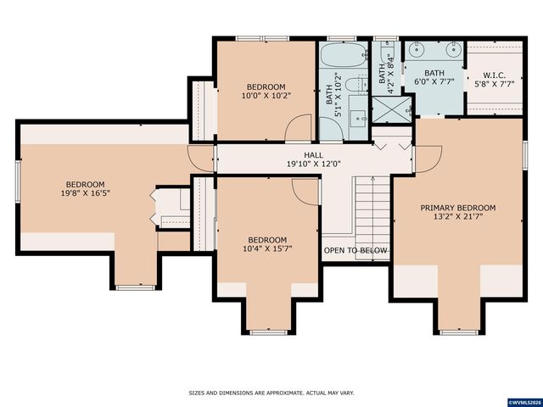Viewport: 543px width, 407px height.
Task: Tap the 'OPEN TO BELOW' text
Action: [x=355, y=251]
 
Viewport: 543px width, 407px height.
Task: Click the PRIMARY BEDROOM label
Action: [x=457, y=208]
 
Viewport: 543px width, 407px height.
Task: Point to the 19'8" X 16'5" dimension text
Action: [x=86, y=194]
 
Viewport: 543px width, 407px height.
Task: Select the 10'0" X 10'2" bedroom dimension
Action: [x=266, y=96]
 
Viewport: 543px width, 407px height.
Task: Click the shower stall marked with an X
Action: [x=391, y=109]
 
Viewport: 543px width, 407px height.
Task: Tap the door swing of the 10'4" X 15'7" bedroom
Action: [x=305, y=191]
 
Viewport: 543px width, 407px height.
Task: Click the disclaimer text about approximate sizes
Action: [x=271, y=393]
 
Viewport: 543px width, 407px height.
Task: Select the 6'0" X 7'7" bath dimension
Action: [x=434, y=83]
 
